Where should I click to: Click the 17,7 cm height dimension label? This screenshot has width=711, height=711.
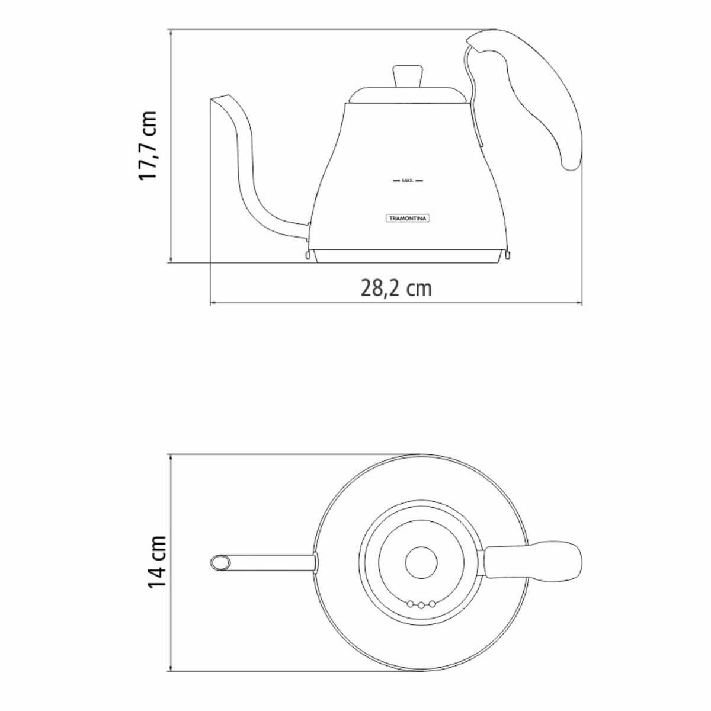pyautogui.click(x=148, y=145)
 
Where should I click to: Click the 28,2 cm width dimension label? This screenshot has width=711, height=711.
pyautogui.click(x=396, y=288)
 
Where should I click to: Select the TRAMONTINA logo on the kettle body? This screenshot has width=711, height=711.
pyautogui.click(x=408, y=219)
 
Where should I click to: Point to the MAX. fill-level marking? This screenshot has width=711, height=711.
pyautogui.click(x=407, y=181)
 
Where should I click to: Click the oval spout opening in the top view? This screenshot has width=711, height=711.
pyautogui.click(x=220, y=563)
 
